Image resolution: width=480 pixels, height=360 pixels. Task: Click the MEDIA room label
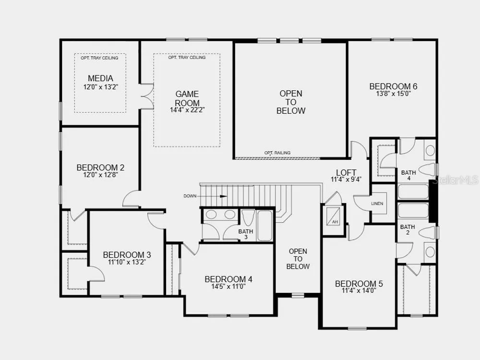coord(100,78)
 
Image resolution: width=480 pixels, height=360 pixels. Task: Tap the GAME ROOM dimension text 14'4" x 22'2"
coord(187,109)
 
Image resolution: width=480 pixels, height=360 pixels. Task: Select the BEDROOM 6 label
coord(394,86)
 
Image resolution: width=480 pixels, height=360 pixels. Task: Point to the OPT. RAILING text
coord(277,153)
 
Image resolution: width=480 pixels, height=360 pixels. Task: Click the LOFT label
coord(346,173)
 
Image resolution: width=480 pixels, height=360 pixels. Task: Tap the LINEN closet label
coord(377,204)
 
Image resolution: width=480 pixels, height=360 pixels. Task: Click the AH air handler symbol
coord(333,216)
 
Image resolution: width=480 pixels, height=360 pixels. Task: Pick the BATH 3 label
coord(246,234)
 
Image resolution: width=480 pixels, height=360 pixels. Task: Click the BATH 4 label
coord(408,175)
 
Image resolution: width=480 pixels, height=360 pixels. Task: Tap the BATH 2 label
coord(408,229)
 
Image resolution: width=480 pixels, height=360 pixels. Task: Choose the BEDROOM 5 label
coord(359,284)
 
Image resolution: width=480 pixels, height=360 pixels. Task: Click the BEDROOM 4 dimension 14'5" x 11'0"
coord(228,287)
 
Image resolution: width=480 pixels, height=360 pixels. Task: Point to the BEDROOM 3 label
coord(127,255)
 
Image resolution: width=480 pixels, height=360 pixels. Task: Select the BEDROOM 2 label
coord(100,168)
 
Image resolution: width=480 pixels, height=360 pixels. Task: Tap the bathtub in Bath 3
coord(264,225)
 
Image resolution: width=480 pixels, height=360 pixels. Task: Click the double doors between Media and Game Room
coord(147,96)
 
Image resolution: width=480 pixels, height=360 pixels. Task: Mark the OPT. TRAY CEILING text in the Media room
coord(99,58)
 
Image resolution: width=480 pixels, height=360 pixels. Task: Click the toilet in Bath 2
coord(428,233)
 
